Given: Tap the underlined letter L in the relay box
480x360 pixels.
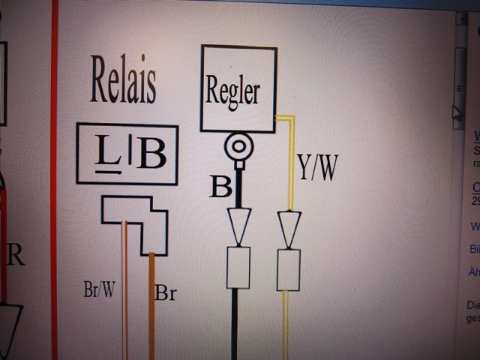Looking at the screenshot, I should pyautogui.click(x=108, y=154).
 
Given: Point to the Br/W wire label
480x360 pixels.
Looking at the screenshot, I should pyautogui.click(x=99, y=290).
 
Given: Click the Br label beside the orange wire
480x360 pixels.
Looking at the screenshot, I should pyautogui.click(x=165, y=292).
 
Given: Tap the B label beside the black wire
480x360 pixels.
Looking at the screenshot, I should pyautogui.click(x=220, y=187).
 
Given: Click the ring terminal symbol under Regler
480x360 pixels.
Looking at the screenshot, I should pyautogui.click(x=238, y=148).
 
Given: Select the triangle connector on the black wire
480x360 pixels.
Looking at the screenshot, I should pyautogui.click(x=238, y=226).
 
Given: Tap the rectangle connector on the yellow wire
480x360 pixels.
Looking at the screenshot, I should pyautogui.click(x=289, y=269).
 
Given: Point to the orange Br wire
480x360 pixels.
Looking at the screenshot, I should pyautogui.click(x=151, y=315).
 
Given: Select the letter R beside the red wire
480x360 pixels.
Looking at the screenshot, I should pyautogui.click(x=16, y=255).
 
